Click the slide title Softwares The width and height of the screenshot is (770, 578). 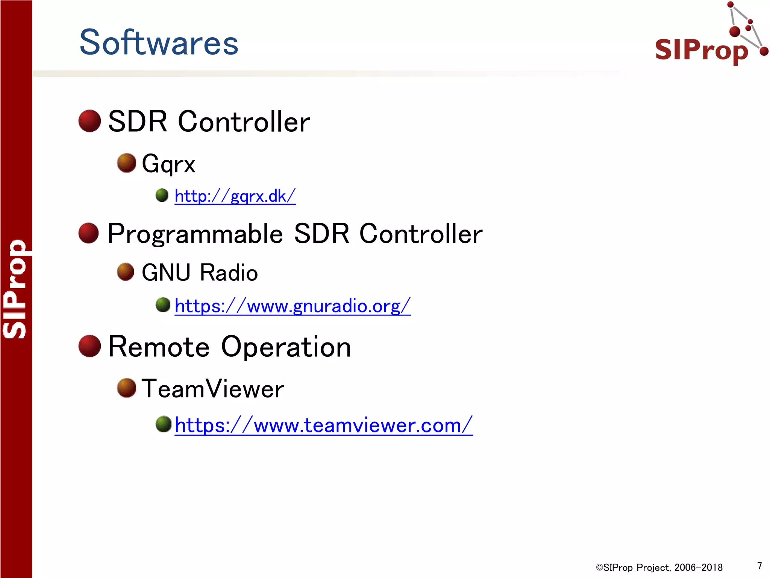pos(159,43)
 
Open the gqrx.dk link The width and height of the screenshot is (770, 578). pos(235,196)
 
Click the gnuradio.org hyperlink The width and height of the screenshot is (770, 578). pos(293,306)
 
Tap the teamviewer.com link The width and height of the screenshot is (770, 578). pos(323,426)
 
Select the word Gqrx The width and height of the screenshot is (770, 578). pos(168,164)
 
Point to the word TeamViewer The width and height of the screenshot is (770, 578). pos(213,389)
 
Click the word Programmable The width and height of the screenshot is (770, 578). pos(195,234)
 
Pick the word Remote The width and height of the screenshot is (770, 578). pos(159,347)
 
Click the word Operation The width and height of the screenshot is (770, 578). pos(286,347)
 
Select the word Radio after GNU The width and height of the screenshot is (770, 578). pos(229,273)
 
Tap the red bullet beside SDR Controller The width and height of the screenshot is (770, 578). pos(89,121)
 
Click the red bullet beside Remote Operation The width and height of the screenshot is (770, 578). pos(89,346)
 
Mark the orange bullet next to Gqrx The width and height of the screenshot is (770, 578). pos(126,163)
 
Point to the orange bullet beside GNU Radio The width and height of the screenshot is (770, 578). pos(126,272)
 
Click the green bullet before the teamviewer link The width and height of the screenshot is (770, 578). pos(164,424)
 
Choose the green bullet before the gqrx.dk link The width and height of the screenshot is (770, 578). pos(162,195)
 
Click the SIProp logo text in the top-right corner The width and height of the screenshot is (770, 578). pos(701,50)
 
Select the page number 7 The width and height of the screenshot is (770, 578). pos(759,566)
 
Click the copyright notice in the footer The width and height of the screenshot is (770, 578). pos(659,567)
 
